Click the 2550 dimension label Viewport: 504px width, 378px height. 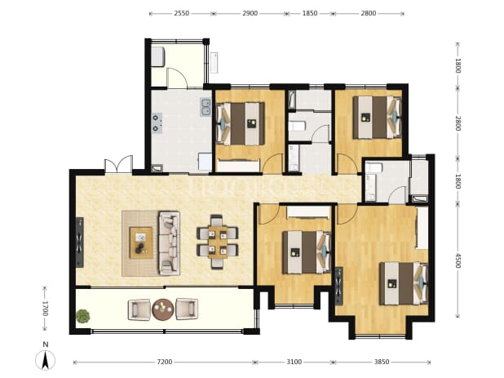(x=182, y=14)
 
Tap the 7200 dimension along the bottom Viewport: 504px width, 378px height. (x=165, y=362)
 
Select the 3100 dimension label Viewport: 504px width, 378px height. (x=294, y=362)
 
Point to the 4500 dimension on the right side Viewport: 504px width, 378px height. (x=458, y=260)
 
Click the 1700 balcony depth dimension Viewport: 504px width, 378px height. (x=45, y=309)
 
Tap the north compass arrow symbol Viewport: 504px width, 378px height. (x=46, y=360)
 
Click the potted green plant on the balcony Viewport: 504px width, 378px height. (x=83, y=316)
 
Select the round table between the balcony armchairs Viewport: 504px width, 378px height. (x=163, y=309)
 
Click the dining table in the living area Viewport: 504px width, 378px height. (x=218, y=242)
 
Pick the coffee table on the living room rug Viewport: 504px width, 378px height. (x=141, y=242)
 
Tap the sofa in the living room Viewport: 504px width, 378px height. (x=169, y=243)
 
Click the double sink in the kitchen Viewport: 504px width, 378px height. (x=206, y=107)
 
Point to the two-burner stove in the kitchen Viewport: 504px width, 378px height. (x=157, y=123)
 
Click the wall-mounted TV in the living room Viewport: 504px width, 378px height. (x=80, y=242)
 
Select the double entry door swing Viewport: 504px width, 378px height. (x=118, y=165)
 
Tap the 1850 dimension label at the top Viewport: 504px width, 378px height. (x=310, y=14)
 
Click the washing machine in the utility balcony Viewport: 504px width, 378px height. (x=158, y=56)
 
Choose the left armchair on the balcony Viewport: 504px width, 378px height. (x=139, y=309)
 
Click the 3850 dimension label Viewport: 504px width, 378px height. (x=382, y=362)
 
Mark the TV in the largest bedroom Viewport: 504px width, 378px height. (x=338, y=286)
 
